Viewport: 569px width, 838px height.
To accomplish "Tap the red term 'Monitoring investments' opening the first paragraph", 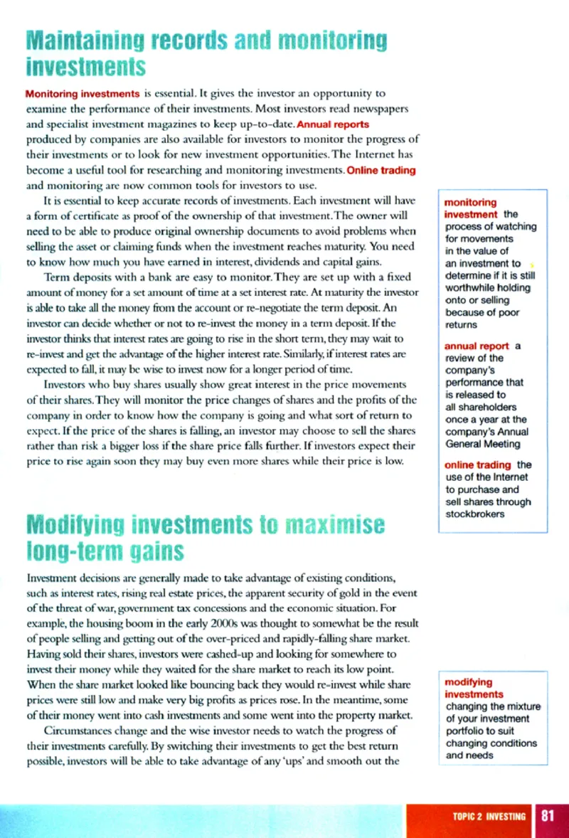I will click(x=82, y=93).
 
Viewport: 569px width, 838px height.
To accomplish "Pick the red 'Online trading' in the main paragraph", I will click(x=381, y=170).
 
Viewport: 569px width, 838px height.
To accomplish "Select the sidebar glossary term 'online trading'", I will click(x=473, y=465).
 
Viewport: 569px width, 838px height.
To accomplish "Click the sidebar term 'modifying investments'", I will click(x=474, y=688).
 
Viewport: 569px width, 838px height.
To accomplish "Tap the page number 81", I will click(x=548, y=815).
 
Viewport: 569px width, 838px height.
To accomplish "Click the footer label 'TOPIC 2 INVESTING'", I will click(x=489, y=816).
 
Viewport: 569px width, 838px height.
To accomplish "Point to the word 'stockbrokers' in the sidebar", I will click(x=475, y=514).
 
